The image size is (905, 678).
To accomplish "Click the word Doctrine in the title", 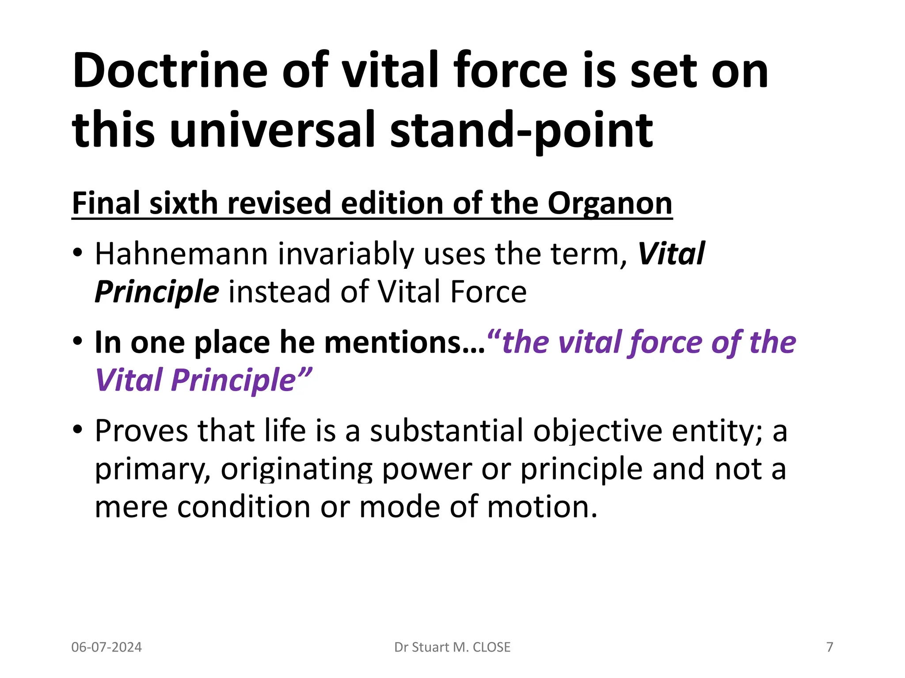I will point(170,71).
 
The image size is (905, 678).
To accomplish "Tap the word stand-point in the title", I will point(521,130).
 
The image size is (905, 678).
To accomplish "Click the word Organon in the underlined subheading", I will point(610,204).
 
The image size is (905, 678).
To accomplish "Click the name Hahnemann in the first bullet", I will point(181,254).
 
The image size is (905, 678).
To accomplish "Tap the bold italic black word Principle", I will point(157,292).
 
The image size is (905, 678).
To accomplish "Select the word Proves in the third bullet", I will point(141,431).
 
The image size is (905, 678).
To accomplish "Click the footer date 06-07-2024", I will point(106,647).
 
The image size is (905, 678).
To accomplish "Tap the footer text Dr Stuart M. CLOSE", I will point(452,647).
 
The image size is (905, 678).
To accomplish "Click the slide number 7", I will point(829,647).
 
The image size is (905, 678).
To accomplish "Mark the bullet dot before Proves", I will point(78,429).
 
